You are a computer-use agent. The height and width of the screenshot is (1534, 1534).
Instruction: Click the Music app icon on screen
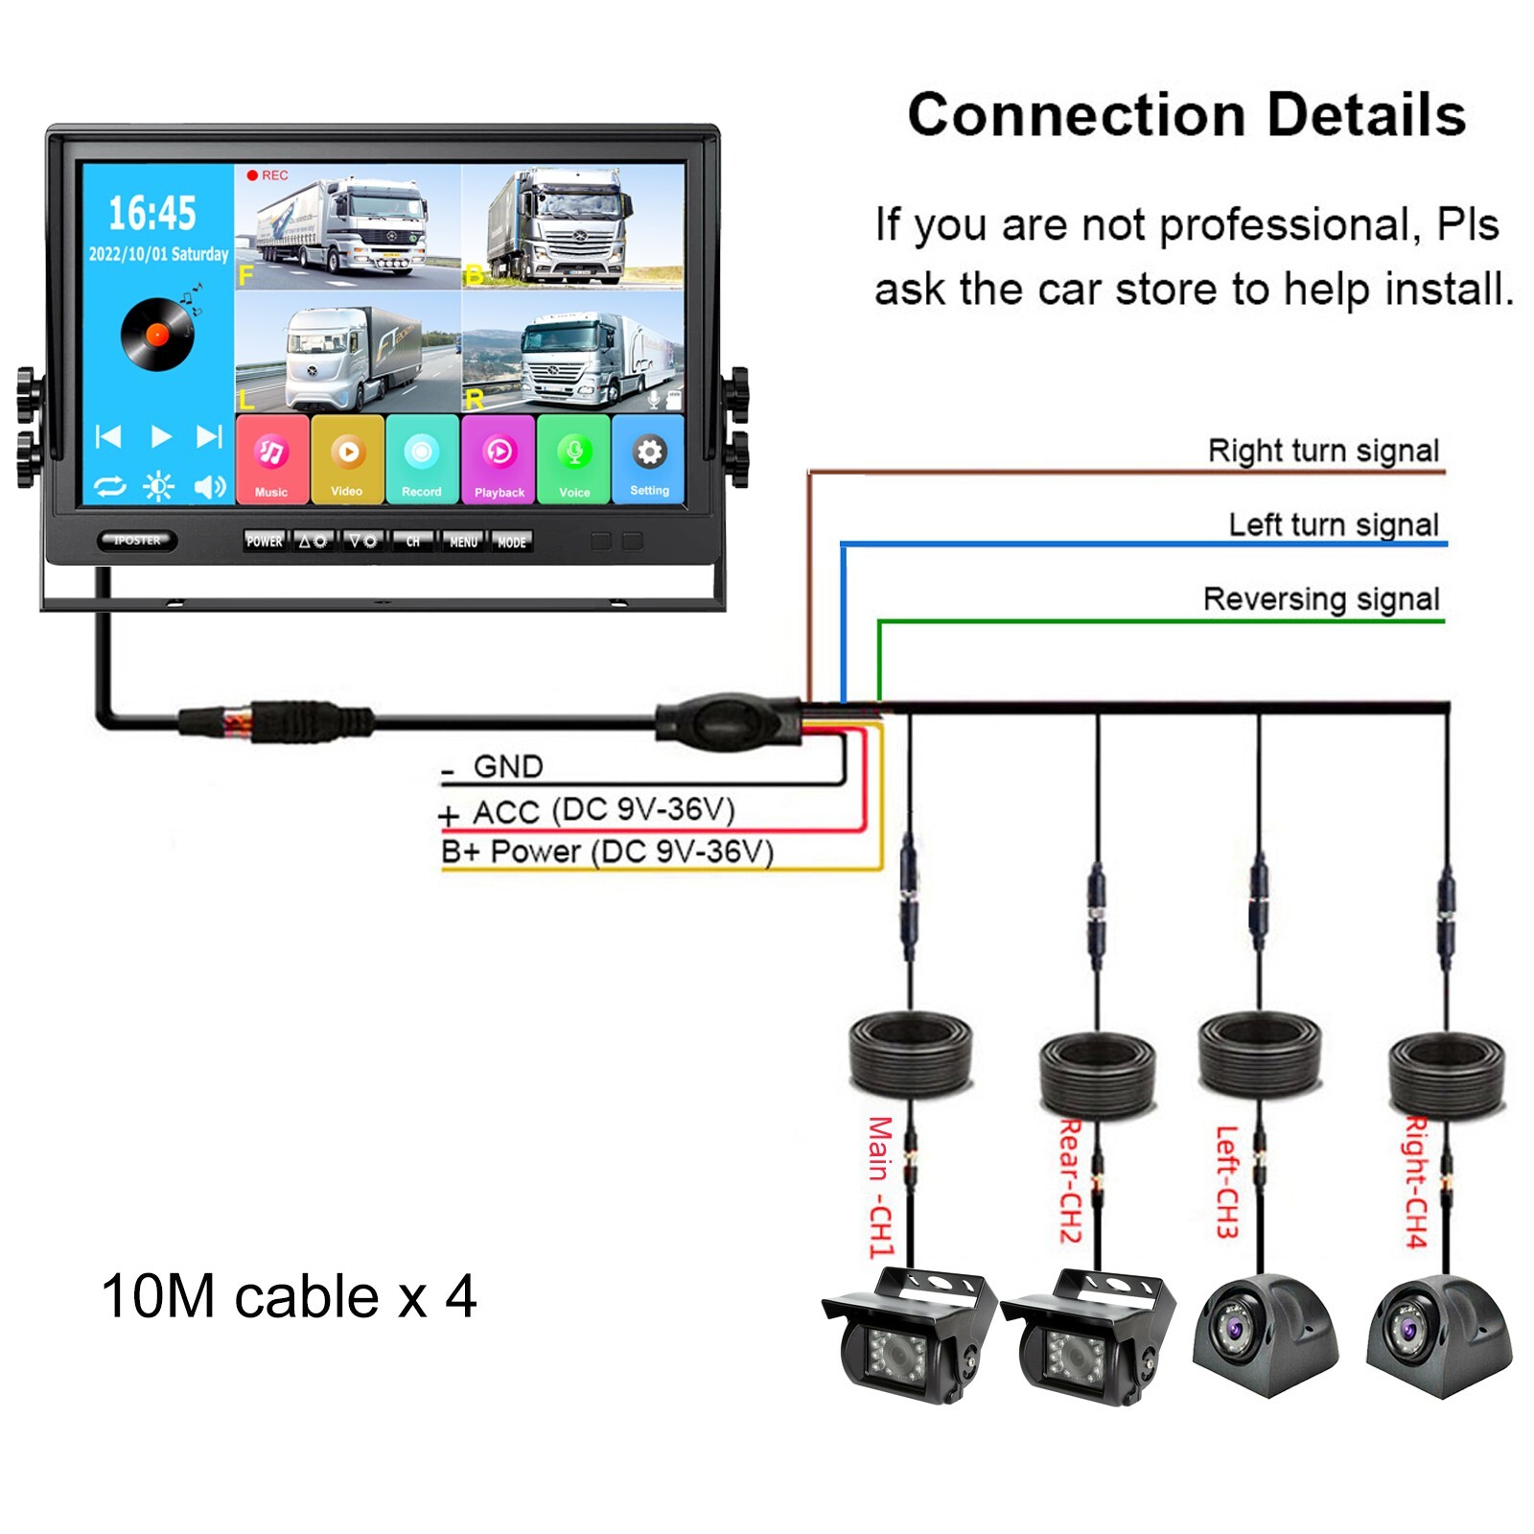point(271,459)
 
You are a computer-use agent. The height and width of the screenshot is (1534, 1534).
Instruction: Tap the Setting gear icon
point(649,459)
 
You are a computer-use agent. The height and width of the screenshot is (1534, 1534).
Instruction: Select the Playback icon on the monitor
point(499,459)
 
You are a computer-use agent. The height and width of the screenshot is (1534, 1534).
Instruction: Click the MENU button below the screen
point(463,542)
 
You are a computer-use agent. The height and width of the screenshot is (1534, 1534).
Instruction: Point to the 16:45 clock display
point(151,213)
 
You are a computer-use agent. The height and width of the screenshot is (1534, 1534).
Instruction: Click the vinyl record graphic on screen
point(157,334)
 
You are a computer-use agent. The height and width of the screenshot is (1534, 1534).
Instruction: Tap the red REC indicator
point(267,175)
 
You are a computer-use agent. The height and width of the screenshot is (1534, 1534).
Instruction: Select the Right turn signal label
point(1322,451)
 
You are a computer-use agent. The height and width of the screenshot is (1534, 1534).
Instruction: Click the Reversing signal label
point(1320,599)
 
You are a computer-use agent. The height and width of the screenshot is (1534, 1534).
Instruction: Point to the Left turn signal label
point(1333,524)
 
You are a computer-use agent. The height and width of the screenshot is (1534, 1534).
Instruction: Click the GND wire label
point(507,767)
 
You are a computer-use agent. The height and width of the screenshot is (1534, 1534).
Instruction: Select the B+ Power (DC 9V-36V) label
point(607,851)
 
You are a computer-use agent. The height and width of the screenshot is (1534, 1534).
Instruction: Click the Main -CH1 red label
point(880,1187)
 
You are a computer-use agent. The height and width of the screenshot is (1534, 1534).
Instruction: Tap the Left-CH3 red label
point(1227,1182)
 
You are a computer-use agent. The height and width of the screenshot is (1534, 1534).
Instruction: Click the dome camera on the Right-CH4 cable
point(1438,1336)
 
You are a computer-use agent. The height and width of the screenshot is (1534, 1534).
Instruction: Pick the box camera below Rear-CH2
point(1088,1337)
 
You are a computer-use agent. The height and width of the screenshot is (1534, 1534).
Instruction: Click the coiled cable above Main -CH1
point(910,1055)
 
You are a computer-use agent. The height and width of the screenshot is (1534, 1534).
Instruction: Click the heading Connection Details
point(1186,115)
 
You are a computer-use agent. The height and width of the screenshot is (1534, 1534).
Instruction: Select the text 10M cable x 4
point(289,1297)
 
